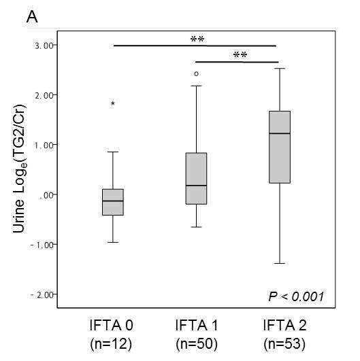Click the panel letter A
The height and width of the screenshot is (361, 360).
point(32,17)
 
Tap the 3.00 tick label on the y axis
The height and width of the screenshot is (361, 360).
point(44,46)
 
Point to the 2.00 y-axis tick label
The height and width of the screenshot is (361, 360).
point(44,95)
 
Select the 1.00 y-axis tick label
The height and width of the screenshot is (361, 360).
point(44,145)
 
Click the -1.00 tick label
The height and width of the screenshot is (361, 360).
point(42,245)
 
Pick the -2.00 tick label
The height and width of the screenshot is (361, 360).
point(42,295)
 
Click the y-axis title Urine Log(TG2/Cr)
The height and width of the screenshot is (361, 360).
point(20,169)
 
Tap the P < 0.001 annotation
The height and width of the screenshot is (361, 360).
point(296,296)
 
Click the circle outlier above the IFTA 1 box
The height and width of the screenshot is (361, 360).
point(197,74)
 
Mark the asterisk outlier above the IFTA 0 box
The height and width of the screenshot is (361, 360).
point(113,103)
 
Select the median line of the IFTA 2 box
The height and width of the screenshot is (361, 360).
point(280,133)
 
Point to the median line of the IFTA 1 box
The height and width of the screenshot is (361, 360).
point(197,186)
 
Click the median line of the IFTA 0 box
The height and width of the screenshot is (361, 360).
point(113,201)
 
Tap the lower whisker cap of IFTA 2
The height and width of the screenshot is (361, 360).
point(280,263)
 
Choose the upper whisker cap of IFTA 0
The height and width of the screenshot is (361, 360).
point(113,152)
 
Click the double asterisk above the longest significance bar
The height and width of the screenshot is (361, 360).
point(197,39)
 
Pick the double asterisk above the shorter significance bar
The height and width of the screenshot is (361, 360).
point(240,55)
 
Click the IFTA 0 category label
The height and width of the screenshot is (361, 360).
point(112,326)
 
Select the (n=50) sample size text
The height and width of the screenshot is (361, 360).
point(197,344)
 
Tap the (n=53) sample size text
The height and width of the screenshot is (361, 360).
point(284,344)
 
